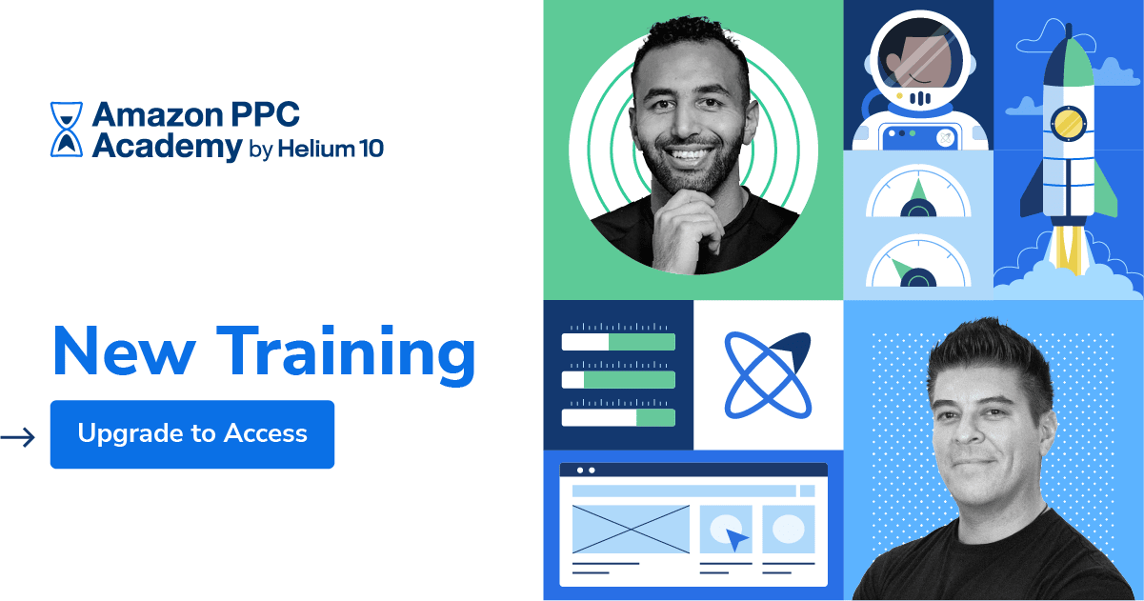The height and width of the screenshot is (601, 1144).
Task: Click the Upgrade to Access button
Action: pos(191,434)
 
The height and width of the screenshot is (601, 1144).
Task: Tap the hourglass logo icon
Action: pos(66,130)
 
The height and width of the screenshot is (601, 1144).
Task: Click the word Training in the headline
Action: pos(346,351)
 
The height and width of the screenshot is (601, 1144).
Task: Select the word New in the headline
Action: pos(125,351)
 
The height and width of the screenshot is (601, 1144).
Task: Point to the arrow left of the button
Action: pos(17,437)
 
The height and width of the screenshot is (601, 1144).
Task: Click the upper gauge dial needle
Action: pos(916,189)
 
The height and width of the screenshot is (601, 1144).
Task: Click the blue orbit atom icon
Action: pos(768,375)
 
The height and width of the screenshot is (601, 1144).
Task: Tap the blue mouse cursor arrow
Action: pos(736,540)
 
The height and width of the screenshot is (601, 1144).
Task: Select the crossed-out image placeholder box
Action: pos(630,529)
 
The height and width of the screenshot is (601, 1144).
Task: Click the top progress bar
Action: pos(618,342)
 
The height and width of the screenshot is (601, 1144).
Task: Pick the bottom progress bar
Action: pos(618,417)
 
